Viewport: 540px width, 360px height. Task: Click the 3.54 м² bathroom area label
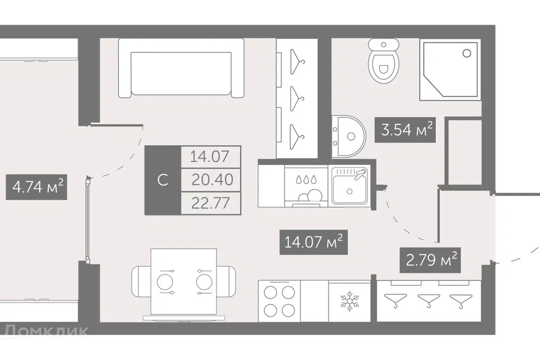406,130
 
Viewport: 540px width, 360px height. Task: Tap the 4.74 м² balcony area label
37,187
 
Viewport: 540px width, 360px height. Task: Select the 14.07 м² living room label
313,242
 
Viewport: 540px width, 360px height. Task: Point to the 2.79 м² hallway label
430,260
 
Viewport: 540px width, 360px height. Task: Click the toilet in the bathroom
383,61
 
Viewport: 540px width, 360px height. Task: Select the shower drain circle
467,53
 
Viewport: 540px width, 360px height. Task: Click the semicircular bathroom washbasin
348,137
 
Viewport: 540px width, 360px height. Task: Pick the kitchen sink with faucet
349,186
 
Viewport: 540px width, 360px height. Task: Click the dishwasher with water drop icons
306,186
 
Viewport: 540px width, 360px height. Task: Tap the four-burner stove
280,301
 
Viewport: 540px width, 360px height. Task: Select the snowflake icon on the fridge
349,301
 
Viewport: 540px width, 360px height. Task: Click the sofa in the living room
181,68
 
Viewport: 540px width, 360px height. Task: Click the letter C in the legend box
163,180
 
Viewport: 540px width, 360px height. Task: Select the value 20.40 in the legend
212,179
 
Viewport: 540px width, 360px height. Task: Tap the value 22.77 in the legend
210,203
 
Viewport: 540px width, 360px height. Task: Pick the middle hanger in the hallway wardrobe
429,300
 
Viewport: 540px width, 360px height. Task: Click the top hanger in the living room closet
297,62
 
